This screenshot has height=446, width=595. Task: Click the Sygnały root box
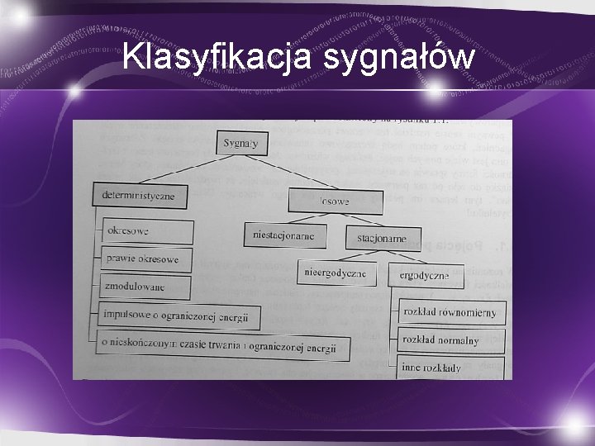240,143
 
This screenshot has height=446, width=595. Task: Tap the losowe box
335,201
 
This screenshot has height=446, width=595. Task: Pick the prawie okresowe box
147,259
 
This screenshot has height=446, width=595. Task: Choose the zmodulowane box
145,287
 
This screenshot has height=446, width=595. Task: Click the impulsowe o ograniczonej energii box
178,315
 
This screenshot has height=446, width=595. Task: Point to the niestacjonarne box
284,235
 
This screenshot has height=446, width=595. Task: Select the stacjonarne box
382,239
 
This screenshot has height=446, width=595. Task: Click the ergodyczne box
424,274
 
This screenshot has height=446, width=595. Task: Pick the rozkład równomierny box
450,312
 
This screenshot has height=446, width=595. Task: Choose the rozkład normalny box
441,339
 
